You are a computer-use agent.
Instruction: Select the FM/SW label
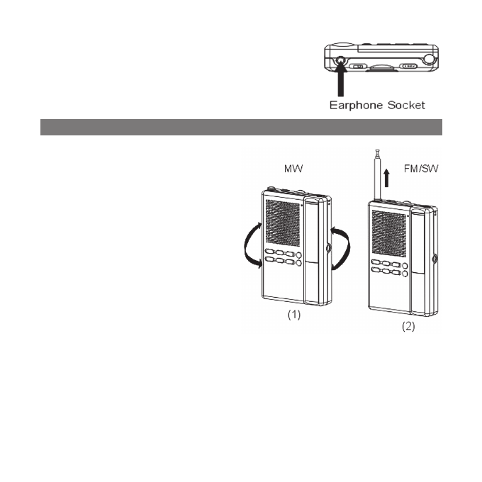(x=422, y=171)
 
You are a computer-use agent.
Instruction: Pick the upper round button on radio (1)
(x=299, y=254)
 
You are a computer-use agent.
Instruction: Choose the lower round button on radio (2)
(x=404, y=273)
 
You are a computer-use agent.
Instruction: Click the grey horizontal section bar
(x=241, y=127)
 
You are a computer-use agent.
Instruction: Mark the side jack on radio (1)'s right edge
(x=329, y=247)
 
